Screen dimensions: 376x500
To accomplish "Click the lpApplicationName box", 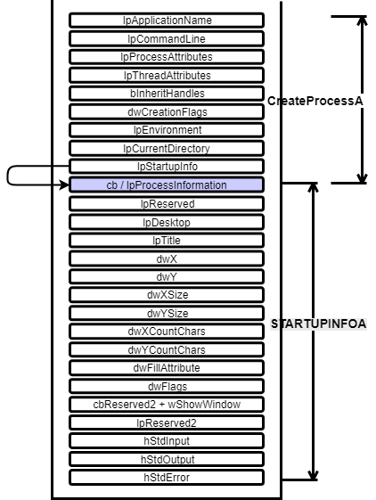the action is click(x=167, y=20).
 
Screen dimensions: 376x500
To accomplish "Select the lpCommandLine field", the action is click(x=167, y=39).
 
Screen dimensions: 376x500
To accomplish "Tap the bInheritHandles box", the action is click(x=167, y=94).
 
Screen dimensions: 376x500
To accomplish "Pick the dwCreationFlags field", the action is click(x=167, y=112).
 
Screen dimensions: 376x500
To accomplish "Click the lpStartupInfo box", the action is click(x=167, y=167).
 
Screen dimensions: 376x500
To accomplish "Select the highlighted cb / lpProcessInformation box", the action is click(x=167, y=185).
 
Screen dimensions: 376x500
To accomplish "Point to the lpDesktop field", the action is click(x=167, y=222).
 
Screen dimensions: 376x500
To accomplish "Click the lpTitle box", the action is click(x=167, y=241).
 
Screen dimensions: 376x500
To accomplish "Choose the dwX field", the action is click(x=167, y=259).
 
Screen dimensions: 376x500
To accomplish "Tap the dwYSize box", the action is click(x=167, y=313).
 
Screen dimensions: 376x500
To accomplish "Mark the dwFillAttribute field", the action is click(x=167, y=368).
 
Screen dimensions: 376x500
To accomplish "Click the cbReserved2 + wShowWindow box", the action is click(x=167, y=405).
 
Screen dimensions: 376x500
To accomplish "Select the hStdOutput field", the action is click(x=167, y=459).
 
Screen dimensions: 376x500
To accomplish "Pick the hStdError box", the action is click(x=167, y=478).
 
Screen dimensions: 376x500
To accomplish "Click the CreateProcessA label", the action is click(x=315, y=101).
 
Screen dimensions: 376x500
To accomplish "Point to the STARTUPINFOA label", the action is click(x=318, y=324).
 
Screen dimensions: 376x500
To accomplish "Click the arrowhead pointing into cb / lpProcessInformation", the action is click(x=64, y=184).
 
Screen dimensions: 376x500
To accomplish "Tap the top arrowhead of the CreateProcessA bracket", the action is click(x=362, y=21).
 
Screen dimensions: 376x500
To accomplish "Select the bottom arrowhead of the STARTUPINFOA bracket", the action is click(x=313, y=475).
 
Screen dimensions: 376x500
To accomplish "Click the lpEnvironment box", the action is click(x=167, y=130).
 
